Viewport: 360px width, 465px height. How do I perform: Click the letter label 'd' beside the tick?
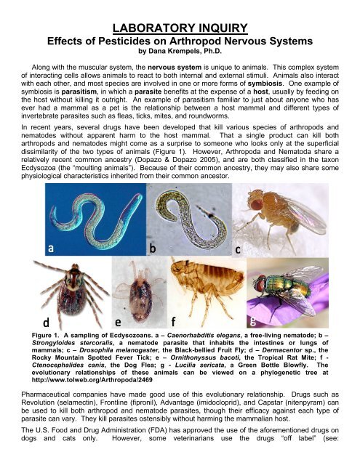[x=47, y=341]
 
